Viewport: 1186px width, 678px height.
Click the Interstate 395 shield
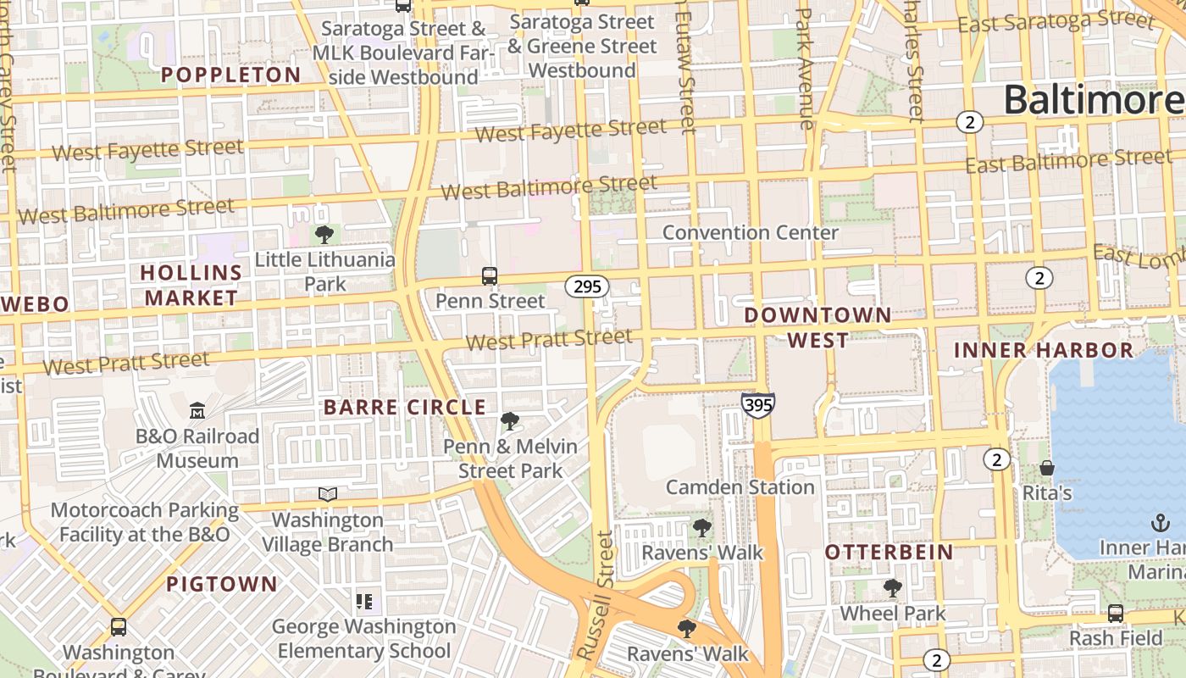757,404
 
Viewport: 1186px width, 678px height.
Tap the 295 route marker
587,286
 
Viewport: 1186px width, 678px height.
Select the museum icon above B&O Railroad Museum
197,411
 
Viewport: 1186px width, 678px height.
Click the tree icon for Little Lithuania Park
324,235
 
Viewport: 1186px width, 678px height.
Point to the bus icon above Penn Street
490,275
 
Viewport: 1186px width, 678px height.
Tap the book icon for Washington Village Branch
328,494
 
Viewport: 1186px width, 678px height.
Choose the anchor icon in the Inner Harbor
1160,523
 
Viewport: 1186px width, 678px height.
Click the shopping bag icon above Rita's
1047,468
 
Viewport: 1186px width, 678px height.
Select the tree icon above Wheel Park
892,587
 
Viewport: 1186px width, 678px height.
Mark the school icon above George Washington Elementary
364,602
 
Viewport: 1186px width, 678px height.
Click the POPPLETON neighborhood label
231,75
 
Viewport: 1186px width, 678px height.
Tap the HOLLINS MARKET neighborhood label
191,285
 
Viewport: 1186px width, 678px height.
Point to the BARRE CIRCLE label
405,407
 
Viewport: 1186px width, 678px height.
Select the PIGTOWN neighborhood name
222,584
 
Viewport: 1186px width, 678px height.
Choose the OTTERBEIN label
890,552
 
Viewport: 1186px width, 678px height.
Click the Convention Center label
751,232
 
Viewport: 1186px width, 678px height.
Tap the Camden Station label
740,487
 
